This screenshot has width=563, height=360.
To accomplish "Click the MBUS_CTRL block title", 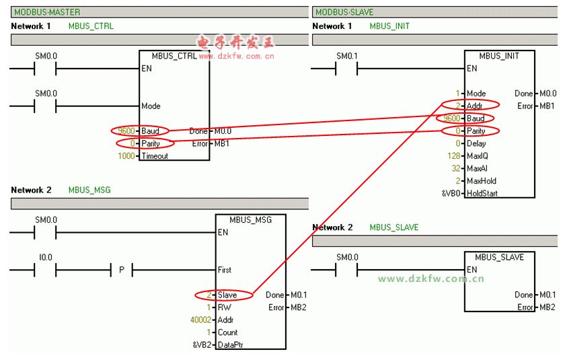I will point(174,56).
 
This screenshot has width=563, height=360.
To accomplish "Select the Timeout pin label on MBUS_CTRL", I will point(155,156).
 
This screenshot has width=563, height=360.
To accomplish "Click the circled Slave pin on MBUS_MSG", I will point(227,295).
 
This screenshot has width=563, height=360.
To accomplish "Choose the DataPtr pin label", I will point(231,345).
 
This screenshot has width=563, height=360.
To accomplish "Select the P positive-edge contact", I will point(121,270).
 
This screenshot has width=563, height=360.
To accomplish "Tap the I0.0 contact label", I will point(46,257).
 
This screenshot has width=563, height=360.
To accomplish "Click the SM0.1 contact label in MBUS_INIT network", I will point(347,56).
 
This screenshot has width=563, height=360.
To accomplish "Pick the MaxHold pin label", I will point(481,181).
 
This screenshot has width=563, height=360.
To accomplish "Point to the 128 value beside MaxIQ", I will point(455,156).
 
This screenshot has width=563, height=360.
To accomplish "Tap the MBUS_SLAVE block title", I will point(499,257).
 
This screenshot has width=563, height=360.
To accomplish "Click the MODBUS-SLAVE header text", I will point(344,12).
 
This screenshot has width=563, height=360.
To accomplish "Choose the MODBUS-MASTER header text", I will point(46,12).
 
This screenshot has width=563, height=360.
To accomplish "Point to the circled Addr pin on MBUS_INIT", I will point(474,106).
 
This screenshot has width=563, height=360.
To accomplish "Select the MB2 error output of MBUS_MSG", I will point(299,308).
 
